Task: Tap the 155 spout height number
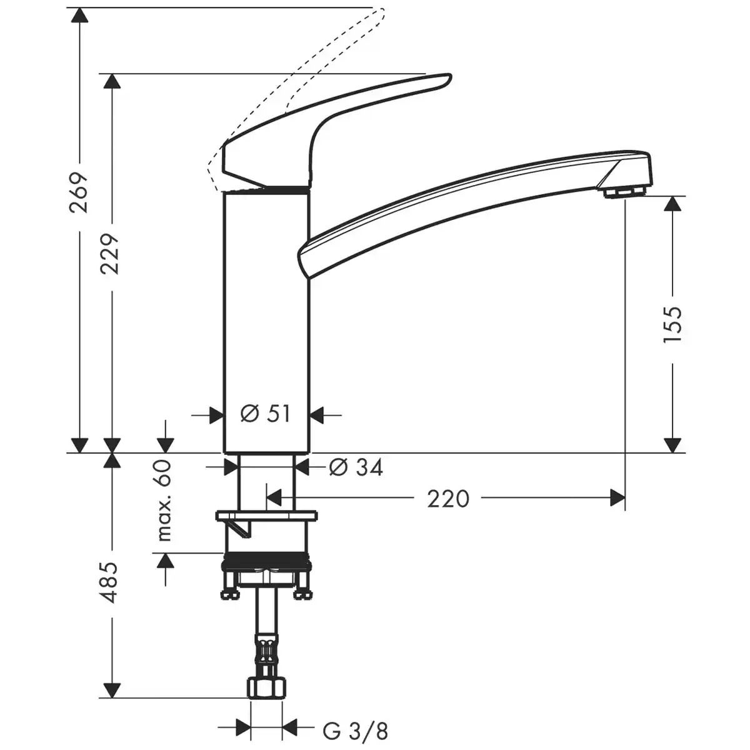pos(672,324)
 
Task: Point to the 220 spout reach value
pos(448,498)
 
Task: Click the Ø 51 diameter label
pos(266,414)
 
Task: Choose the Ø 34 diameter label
pos(355,466)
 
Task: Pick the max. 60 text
pos(164,500)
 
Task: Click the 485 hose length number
pos(111,582)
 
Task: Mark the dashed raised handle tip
pos(379,11)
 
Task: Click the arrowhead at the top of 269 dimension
pos(79,15)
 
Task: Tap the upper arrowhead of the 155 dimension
pos(672,204)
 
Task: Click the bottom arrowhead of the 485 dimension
pos(112,691)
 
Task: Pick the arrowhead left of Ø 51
pos(216,414)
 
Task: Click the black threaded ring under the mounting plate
pos(266,560)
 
